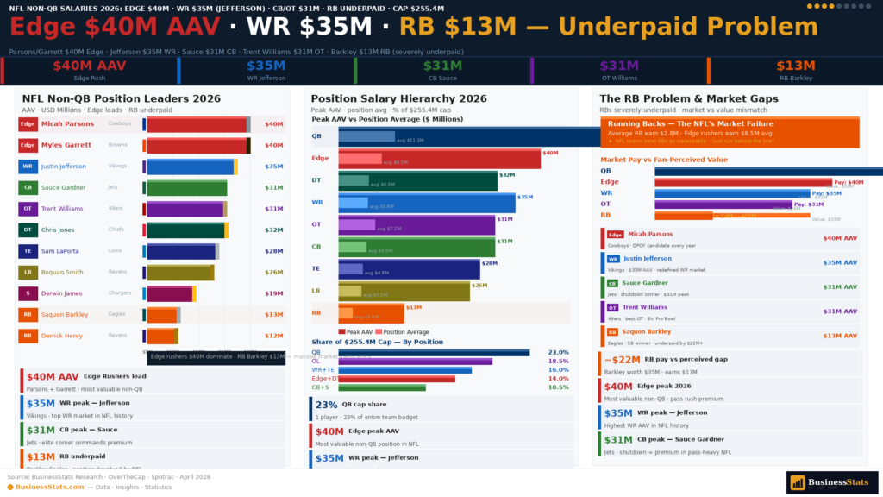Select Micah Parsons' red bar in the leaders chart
tap(197, 124)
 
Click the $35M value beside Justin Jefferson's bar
tap(273, 167)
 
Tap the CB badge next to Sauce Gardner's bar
tap(28, 187)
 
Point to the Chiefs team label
tap(120, 230)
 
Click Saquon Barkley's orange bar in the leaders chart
tap(162, 315)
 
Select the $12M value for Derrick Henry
tap(273, 336)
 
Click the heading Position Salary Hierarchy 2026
tap(399, 98)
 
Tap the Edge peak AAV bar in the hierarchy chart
tap(439, 158)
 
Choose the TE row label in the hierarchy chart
tap(316, 268)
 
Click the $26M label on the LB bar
tap(479, 286)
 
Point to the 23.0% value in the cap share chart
tap(558, 352)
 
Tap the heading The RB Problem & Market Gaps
tap(689, 98)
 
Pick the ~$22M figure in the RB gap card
tap(621, 360)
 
